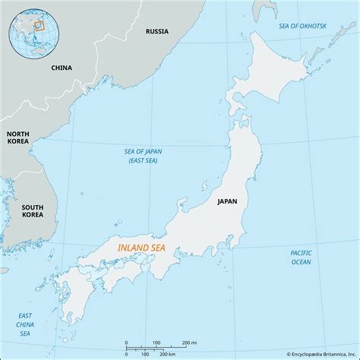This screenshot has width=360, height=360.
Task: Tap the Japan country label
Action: [x=227, y=201]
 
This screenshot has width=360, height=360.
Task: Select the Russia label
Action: [x=157, y=32]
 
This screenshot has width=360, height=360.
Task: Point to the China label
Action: [x=62, y=68]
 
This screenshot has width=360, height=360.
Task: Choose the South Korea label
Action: [x=32, y=210]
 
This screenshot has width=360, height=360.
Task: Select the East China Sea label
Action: [x=26, y=324]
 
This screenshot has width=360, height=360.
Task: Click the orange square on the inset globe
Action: [x=40, y=25]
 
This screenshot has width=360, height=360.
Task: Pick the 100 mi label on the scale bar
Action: [x=156, y=343]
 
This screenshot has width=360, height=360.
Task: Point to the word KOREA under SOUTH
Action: [x=32, y=215]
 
